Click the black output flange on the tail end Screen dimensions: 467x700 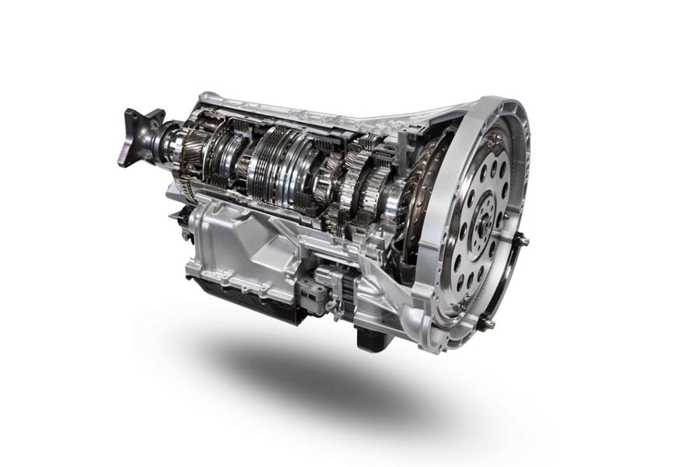click(138, 137)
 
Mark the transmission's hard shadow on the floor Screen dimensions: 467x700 click(327, 381)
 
